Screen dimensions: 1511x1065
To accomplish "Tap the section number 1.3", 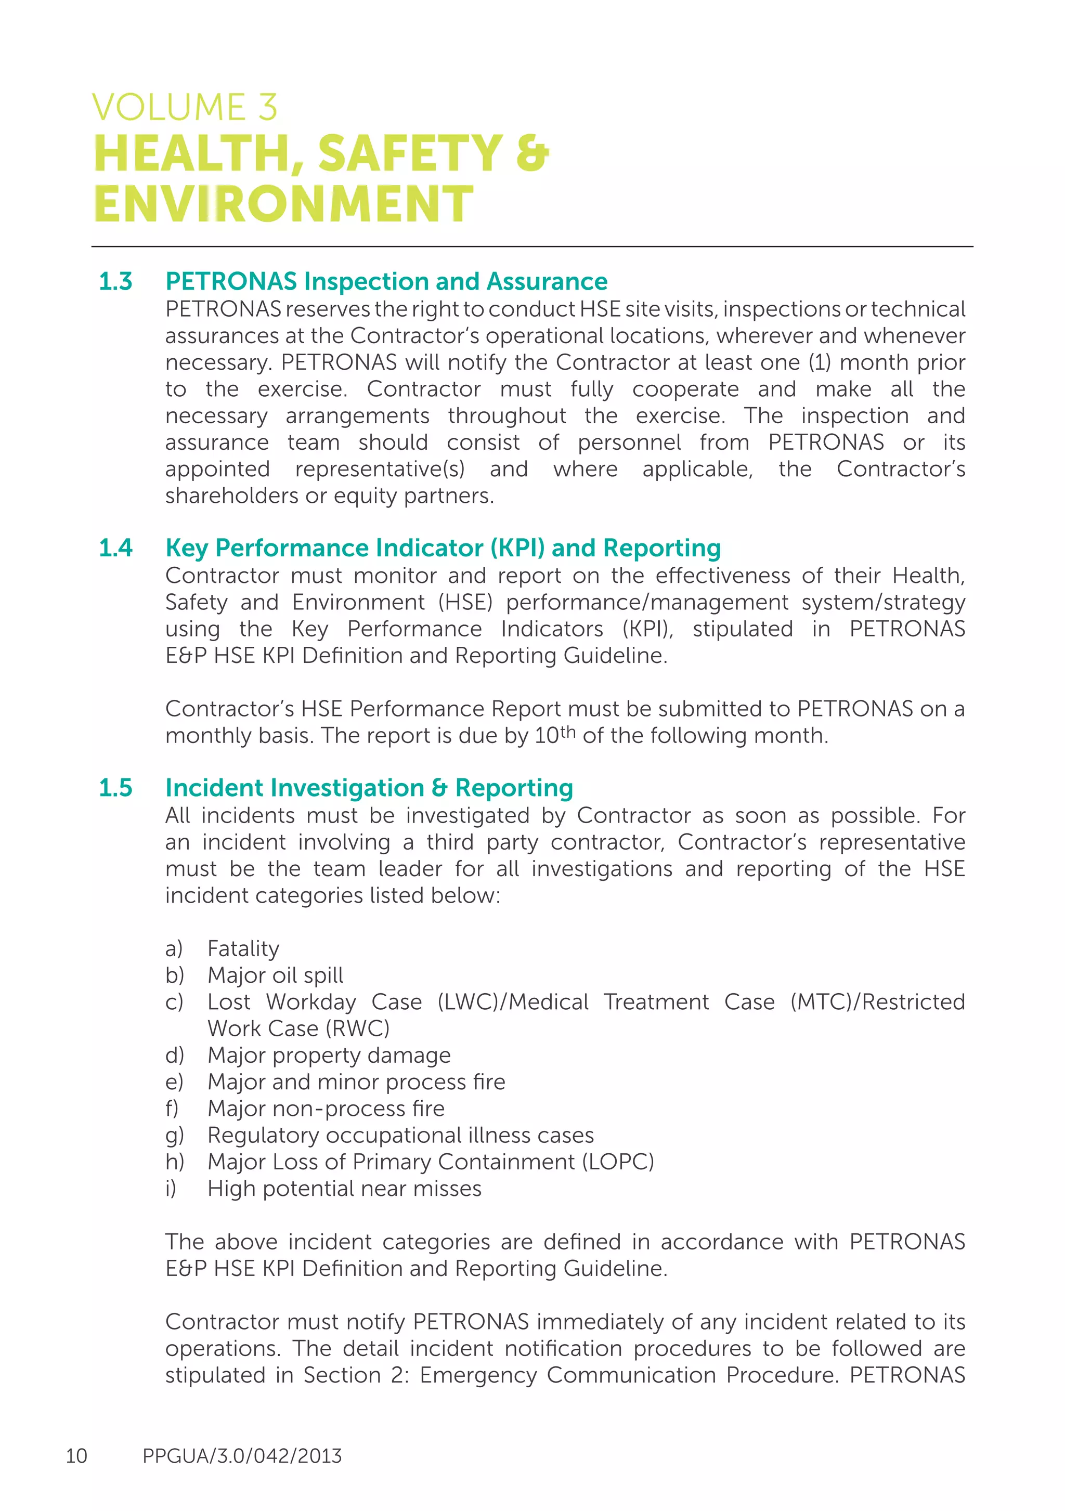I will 115,282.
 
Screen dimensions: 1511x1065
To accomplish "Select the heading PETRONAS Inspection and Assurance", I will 386,282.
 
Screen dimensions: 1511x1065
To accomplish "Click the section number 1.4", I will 115,548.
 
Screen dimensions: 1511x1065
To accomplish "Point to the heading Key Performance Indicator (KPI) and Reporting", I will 443,548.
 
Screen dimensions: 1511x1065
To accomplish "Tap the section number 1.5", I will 115,788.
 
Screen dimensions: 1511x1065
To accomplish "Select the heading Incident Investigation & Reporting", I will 369,788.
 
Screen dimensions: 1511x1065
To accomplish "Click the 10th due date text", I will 554,735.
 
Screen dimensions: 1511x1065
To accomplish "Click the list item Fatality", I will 243,948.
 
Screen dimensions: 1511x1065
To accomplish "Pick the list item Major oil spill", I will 275,975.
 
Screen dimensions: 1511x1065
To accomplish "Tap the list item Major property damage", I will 329,1055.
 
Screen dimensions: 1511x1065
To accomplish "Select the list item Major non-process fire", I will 326,1109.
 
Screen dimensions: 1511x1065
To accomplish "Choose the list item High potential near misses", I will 344,1189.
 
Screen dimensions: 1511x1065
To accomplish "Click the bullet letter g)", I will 174,1136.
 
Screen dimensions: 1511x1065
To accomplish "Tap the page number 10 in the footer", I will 76,1456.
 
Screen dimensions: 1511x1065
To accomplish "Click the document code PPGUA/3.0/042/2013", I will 242,1456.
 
